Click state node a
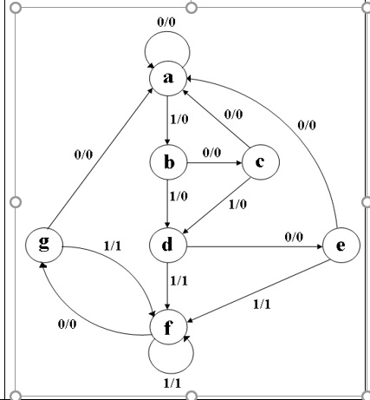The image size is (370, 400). [168, 79]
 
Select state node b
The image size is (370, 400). [168, 161]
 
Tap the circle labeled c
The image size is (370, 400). [263, 161]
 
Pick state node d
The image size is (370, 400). [168, 245]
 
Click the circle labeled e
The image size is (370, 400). [341, 245]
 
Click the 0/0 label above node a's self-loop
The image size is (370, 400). [168, 19]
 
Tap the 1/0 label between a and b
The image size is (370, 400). [180, 120]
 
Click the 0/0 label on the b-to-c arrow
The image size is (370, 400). [211, 152]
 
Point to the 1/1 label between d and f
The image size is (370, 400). [180, 281]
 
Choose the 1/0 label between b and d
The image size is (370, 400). [179, 197]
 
